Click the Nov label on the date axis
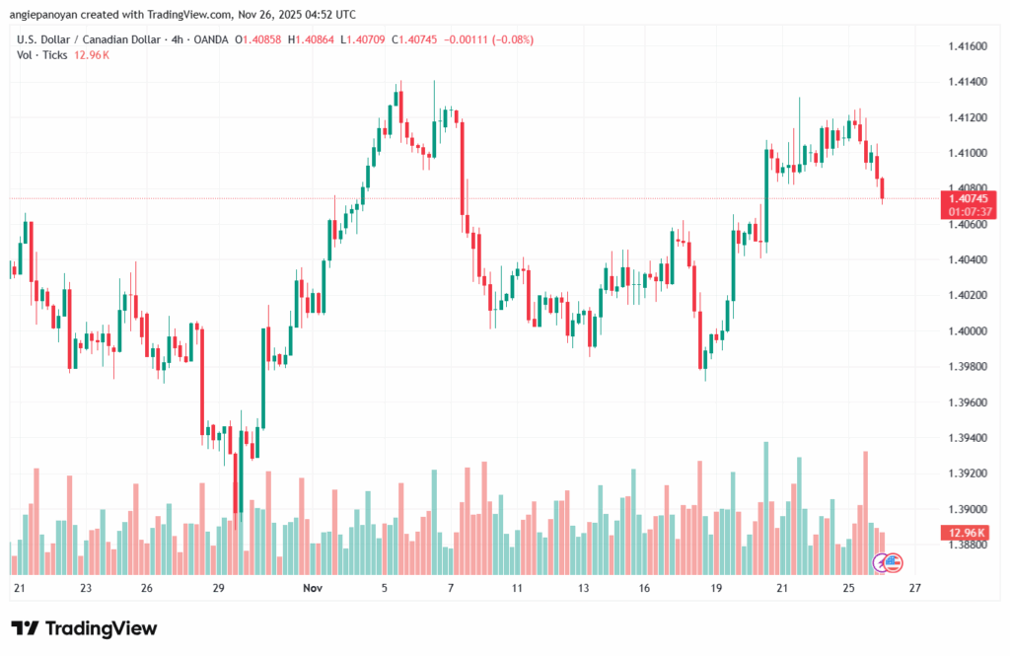click(313, 589)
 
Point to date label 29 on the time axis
click(219, 589)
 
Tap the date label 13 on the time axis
click(584, 589)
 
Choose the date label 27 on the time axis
click(914, 589)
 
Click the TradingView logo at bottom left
click(84, 628)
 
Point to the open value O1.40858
click(258, 39)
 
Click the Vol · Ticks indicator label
click(42, 55)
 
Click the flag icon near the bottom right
click(892, 563)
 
